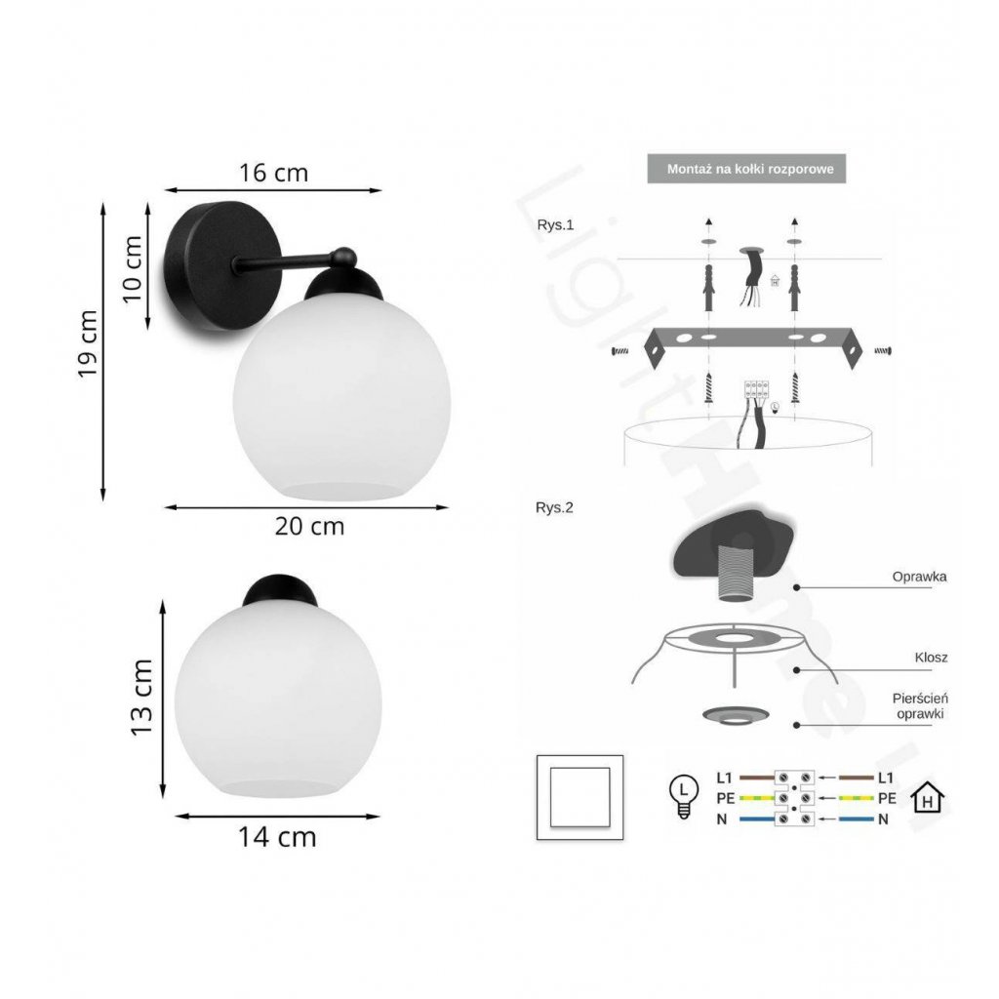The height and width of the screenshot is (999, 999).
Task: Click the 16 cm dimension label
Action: pos(273,173)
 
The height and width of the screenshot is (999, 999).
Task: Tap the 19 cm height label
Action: pos(88,344)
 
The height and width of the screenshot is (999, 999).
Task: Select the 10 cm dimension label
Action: pos(132,269)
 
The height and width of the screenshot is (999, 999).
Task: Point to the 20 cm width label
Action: pos(309,526)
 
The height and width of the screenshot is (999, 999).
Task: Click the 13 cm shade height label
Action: pos(141,698)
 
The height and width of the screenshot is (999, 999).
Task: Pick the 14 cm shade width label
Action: pos(277,837)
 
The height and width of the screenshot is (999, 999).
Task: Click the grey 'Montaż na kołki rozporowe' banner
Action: pos(746,169)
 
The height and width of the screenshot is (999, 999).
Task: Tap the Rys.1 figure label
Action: pos(555,225)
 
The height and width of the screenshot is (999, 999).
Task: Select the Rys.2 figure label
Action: pos(554,507)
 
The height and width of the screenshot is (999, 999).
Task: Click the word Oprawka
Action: pos(919,577)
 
